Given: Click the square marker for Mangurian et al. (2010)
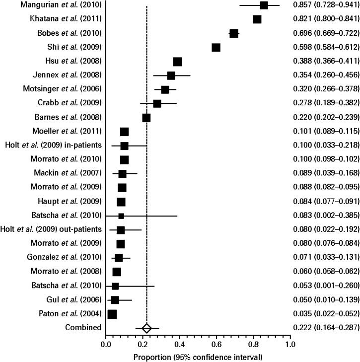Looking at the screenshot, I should [264, 5].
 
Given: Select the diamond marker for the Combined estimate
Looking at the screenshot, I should [146, 342].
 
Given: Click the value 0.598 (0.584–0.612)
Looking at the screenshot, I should [326, 47].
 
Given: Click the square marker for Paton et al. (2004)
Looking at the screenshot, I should [112, 328].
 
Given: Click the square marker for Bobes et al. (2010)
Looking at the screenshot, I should [234, 33].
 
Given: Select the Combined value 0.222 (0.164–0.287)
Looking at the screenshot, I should [326, 342].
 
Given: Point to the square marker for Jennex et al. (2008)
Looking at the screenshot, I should [171, 75].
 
